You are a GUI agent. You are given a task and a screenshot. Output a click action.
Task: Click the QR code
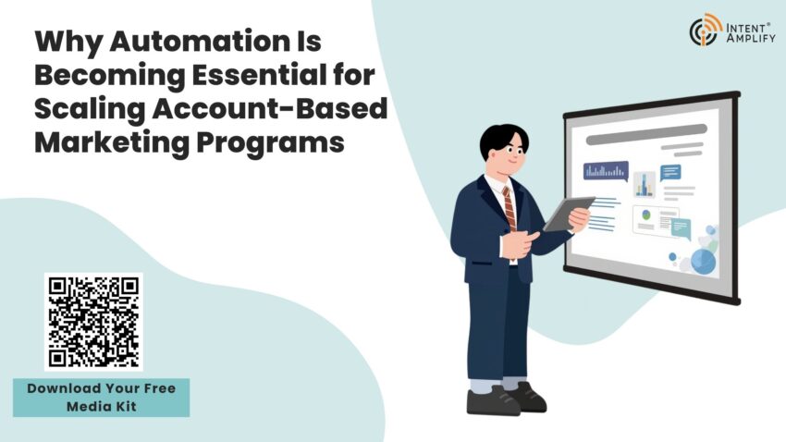[93, 322]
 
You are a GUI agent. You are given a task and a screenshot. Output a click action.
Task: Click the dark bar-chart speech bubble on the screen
[606, 170]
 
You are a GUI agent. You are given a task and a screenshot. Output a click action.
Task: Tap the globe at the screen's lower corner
[703, 261]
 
